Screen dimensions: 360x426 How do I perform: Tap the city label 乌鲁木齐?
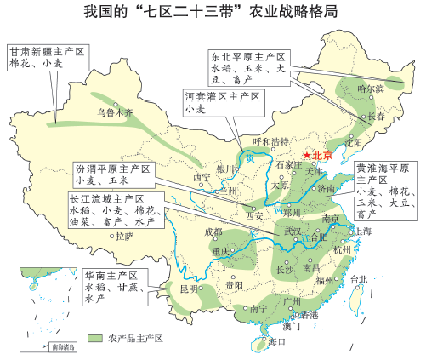point(115,111)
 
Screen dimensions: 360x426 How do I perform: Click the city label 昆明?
point(188,289)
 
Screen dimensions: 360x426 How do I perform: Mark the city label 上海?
point(362,231)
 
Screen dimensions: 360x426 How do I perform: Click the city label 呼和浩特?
point(272,141)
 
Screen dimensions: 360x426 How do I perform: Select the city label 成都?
point(213,231)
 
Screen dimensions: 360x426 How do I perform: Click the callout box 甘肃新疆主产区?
point(48,57)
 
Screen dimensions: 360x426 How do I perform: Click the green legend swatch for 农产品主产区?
point(93,338)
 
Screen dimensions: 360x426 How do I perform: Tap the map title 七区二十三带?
point(212,14)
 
